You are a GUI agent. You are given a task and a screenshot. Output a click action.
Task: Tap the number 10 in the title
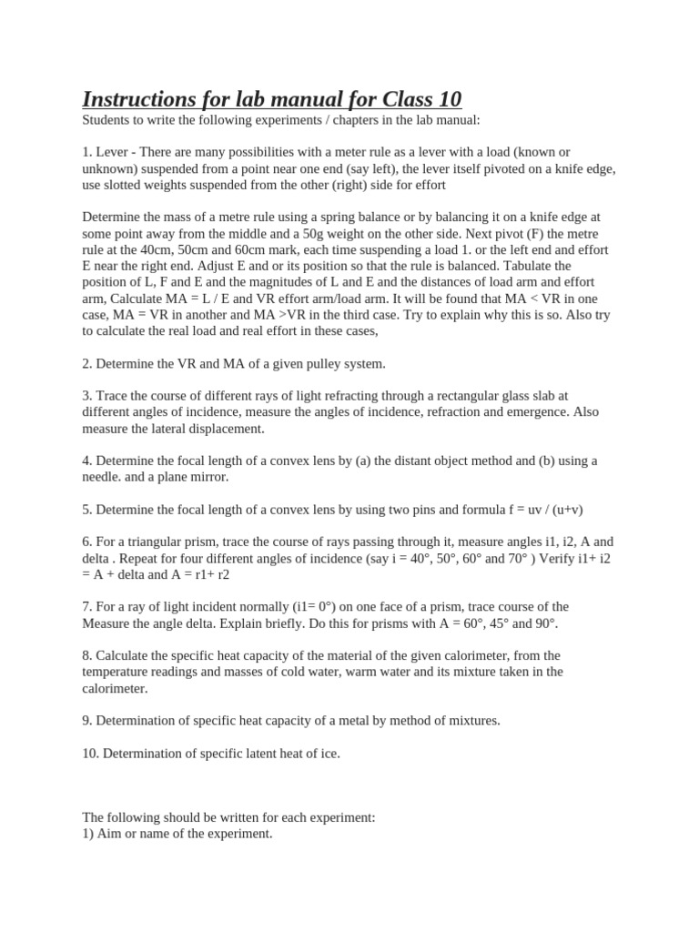coord(447,98)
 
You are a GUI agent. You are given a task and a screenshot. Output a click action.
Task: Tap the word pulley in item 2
coord(314,363)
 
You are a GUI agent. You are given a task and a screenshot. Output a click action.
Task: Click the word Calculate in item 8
coord(126,655)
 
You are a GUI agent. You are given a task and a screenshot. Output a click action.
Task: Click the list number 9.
coord(86,720)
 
